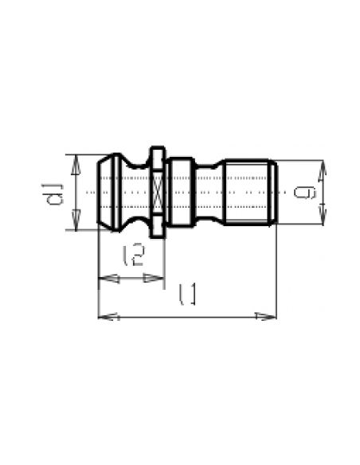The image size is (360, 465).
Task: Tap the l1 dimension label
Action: tap(188, 295)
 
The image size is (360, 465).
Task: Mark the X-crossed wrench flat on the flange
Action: tap(158, 193)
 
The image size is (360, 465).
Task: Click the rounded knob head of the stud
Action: tap(109, 193)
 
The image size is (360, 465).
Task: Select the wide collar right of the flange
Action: tap(183, 193)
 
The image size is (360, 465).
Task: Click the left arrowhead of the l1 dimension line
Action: tap(103, 317)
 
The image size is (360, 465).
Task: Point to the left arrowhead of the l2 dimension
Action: tap(103, 278)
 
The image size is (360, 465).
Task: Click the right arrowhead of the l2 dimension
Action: tap(158, 278)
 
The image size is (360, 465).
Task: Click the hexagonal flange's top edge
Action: tap(158, 147)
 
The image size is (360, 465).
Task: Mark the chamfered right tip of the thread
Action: tap(275, 193)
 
